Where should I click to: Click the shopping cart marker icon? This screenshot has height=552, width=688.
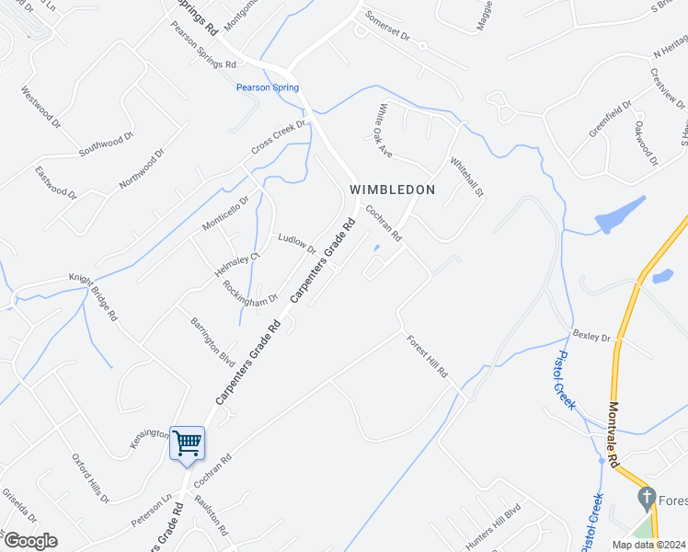[187, 444]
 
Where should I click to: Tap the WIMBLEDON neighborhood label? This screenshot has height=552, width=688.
[392, 189]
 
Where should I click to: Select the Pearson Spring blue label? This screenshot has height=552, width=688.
[268, 87]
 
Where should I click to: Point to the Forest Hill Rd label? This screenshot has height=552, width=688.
[428, 356]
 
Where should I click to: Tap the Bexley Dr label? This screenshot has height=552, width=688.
[591, 338]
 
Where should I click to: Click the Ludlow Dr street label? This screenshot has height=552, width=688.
[297, 244]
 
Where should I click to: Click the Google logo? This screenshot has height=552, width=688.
[29, 541]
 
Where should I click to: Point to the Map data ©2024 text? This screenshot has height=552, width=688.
[648, 545]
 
